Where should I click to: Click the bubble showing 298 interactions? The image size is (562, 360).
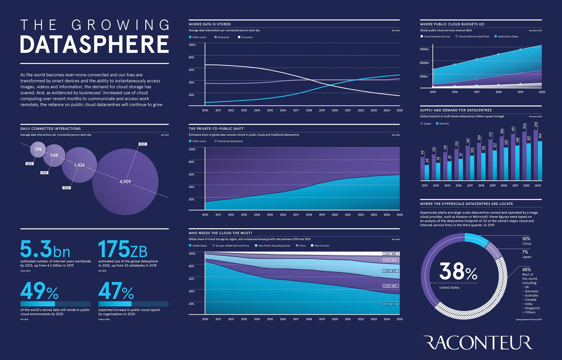38,149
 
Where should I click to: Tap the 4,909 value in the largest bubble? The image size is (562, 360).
125,182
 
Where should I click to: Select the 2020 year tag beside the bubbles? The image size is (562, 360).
66,188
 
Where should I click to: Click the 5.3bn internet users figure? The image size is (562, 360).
45,249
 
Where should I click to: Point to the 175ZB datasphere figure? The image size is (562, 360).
123,249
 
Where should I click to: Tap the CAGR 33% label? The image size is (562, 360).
390,304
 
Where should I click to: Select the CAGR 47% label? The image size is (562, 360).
390,271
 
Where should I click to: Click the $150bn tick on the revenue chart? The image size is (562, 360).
424,49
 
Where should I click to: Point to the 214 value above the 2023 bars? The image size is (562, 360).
536,125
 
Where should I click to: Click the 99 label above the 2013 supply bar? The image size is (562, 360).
422,153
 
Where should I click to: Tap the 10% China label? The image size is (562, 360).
526,241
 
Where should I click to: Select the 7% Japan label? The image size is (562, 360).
526,254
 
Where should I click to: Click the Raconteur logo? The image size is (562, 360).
478,343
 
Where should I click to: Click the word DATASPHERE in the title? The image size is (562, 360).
94,45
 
